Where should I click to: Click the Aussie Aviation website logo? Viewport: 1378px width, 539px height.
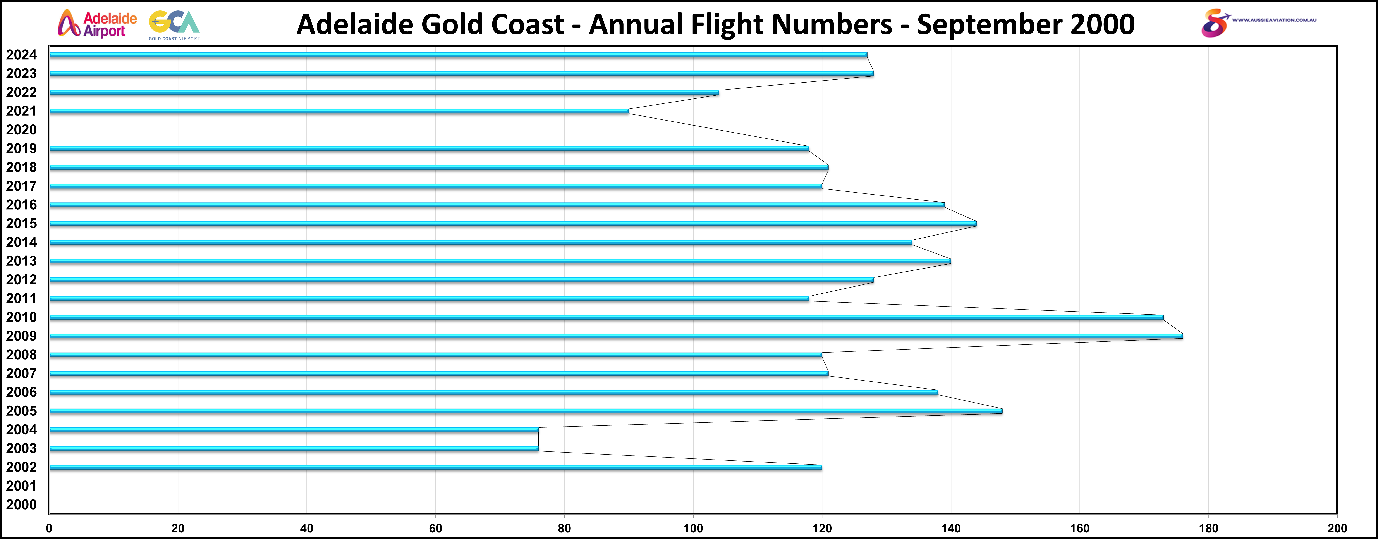pos(1257,22)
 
